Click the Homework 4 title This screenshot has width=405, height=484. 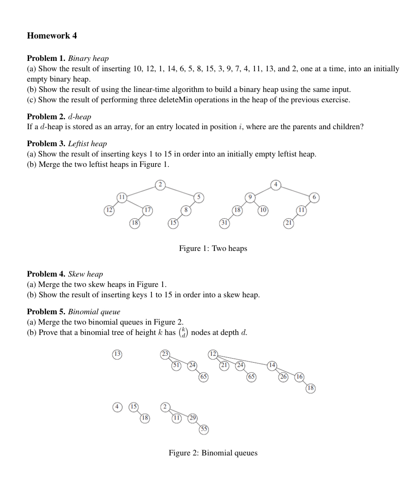pos(52,36)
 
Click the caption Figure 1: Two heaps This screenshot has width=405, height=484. pos(213,248)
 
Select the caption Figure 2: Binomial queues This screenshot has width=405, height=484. pos(213,453)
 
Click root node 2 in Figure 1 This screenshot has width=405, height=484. pos(160,185)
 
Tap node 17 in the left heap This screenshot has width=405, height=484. pos(148,210)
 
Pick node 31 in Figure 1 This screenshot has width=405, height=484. pos(224,223)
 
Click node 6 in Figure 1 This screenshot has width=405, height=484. pos(314,197)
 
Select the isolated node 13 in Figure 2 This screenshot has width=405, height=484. pos(117,354)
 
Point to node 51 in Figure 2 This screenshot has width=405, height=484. pos(177,365)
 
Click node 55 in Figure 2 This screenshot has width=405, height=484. pos(204,429)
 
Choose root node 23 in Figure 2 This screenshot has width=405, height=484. pos(165,354)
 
